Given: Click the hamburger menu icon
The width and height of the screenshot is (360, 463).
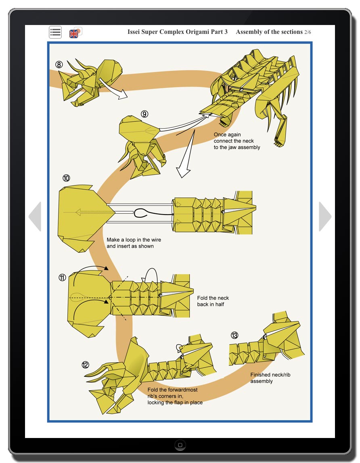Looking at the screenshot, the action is coord(55,32).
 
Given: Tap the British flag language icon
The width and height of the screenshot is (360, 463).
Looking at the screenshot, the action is coord(75,33).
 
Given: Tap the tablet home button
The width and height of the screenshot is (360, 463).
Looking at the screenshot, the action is coord(180,445).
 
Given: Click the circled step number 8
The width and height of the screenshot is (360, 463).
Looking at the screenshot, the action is coord(59,65).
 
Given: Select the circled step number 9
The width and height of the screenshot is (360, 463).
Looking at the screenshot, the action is coord(144,114).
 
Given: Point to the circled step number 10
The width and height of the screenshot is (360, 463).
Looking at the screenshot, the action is coord(66,178).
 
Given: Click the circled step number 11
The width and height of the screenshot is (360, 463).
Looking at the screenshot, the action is coord(62,277).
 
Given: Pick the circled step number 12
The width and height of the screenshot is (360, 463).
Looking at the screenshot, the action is coord(85,365).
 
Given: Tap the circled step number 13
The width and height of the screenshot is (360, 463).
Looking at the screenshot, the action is coord(234,336).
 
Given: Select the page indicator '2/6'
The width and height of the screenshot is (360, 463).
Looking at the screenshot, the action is coord(308,32).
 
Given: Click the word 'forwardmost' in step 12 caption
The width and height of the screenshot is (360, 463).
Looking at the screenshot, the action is coord(183,390).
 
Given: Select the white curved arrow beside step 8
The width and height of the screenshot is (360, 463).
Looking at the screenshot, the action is coord(114,89).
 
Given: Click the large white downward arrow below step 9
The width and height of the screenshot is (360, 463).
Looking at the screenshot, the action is coord(186,154).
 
